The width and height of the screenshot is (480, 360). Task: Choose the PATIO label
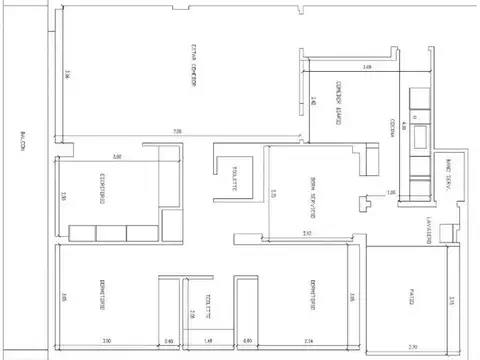410,297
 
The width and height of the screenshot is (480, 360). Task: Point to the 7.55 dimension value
177,132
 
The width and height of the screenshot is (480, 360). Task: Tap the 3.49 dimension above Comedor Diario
367,67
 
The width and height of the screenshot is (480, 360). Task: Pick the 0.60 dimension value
169,341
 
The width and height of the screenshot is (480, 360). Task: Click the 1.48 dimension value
207,341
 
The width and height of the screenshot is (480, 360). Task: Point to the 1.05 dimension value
391,192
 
